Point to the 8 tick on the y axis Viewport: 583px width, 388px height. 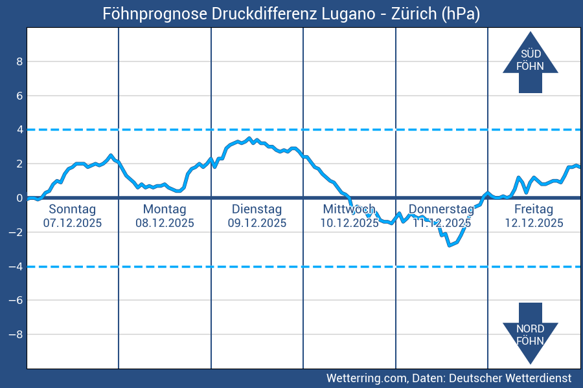point(19,62)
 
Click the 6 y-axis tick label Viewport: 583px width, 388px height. point(19,96)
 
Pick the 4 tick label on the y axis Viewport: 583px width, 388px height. point(19,130)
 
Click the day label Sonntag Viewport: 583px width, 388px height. point(73,209)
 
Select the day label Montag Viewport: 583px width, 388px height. point(165,209)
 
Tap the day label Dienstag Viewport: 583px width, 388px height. point(257,209)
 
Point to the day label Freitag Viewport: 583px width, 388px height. point(534,209)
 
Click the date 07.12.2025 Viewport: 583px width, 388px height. point(73,223)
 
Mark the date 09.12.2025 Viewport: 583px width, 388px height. point(257,223)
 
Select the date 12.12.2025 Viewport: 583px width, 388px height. point(534,223)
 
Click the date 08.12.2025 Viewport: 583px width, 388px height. point(165,223)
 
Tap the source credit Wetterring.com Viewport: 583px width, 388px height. point(366,378)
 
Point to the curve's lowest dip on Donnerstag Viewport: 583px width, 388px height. point(449,245)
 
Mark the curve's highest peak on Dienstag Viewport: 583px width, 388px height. point(252,138)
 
